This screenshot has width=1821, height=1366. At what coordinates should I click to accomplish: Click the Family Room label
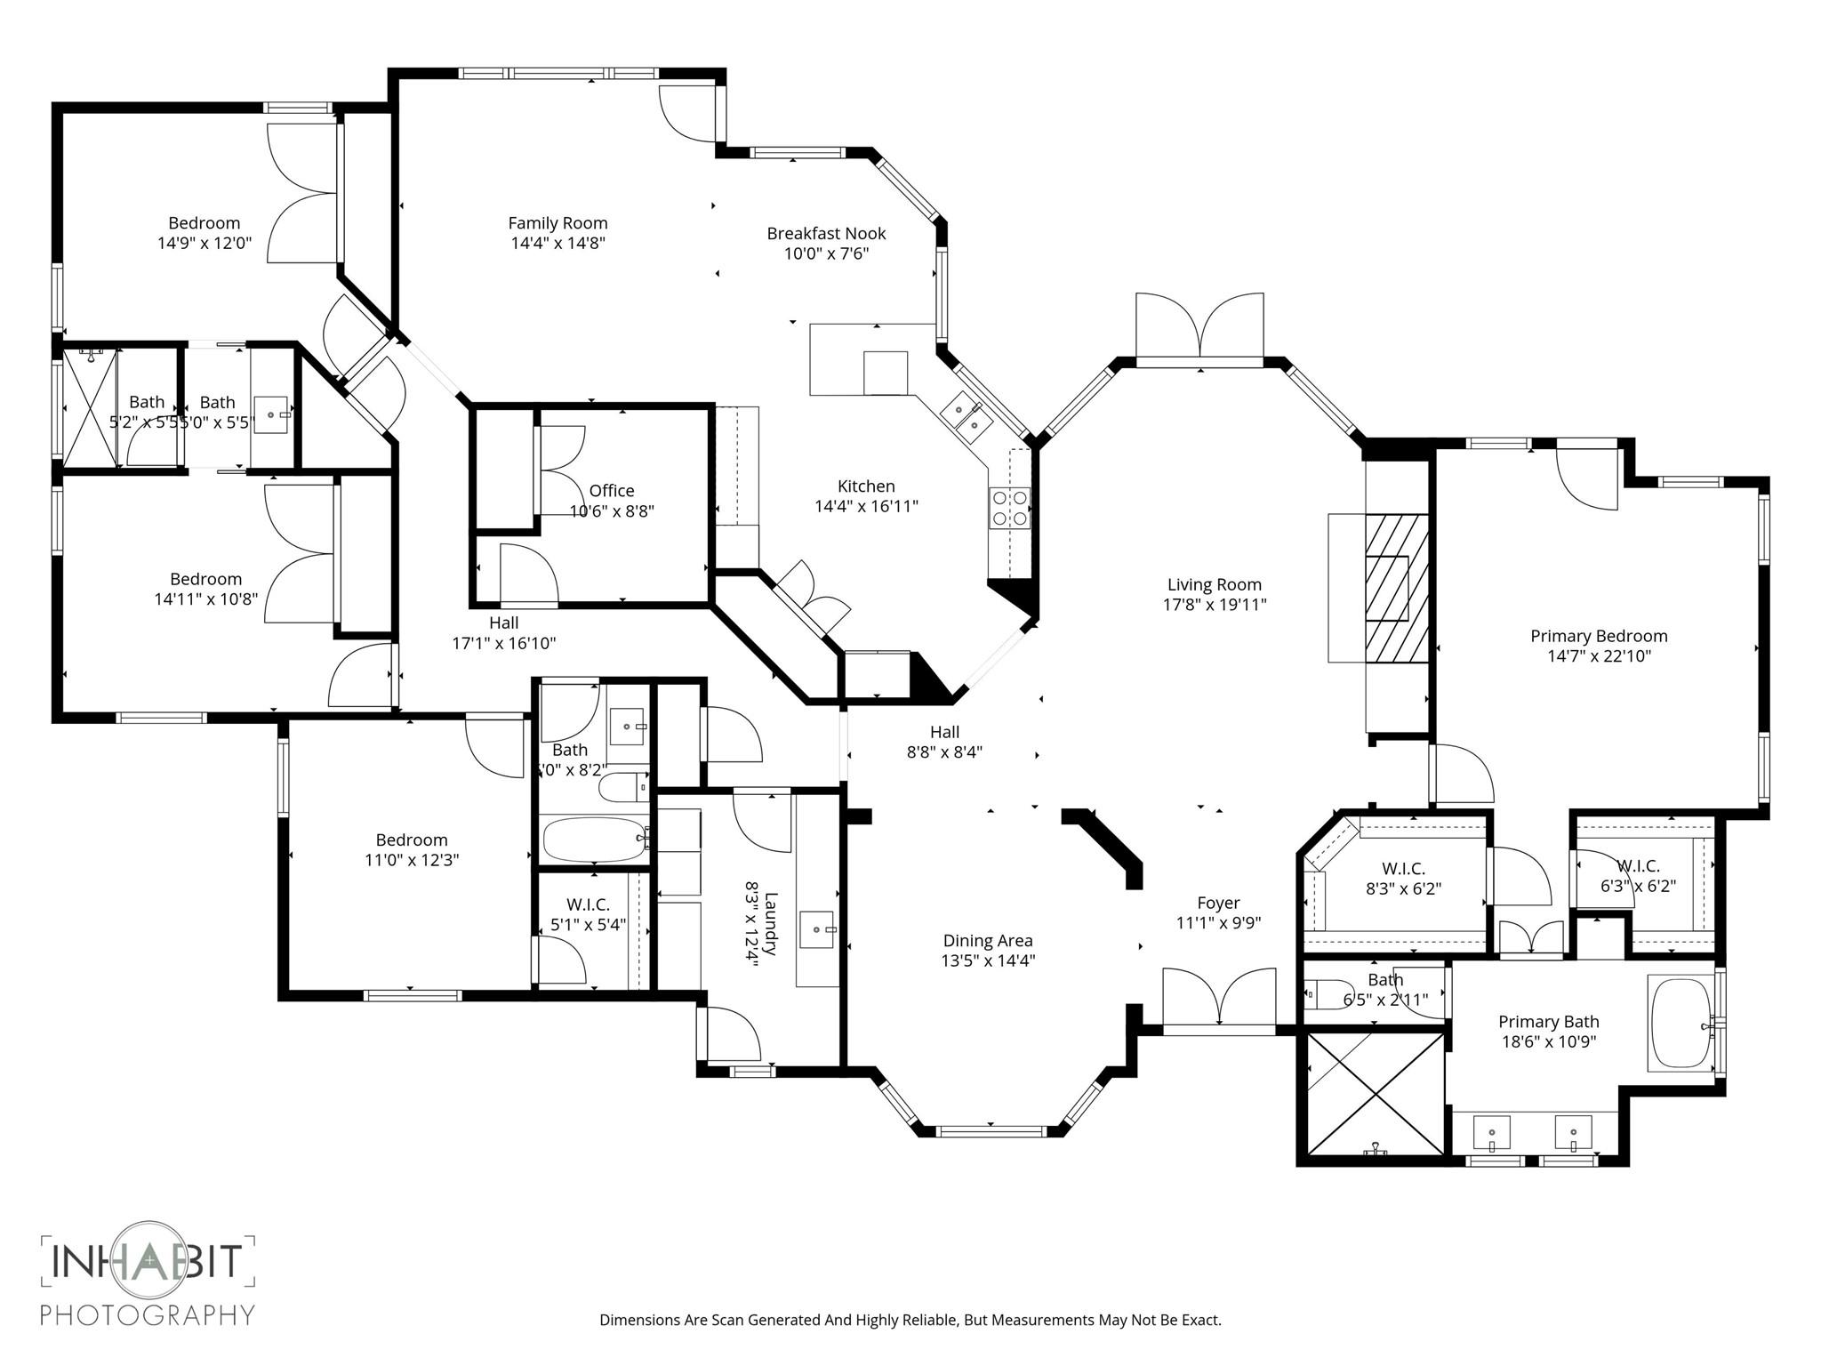pyautogui.click(x=558, y=223)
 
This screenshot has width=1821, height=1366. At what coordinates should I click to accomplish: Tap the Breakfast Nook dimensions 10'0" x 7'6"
pyautogui.click(x=826, y=253)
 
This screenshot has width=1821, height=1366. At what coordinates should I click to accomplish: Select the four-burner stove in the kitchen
pyautogui.click(x=1010, y=508)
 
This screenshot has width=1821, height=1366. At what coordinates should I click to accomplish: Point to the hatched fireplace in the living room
pyautogui.click(x=1397, y=588)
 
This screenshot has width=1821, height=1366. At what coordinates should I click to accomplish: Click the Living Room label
pyautogui.click(x=1214, y=584)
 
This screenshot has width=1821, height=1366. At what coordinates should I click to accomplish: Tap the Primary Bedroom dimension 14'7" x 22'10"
pyautogui.click(x=1598, y=656)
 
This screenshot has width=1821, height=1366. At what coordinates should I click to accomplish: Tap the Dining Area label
pyautogui.click(x=987, y=941)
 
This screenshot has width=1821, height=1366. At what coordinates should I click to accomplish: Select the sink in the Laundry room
pyautogui.click(x=817, y=929)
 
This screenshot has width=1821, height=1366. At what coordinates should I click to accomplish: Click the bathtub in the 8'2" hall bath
pyautogui.click(x=594, y=840)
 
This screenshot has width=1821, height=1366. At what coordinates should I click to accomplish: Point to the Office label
pyautogui.click(x=612, y=491)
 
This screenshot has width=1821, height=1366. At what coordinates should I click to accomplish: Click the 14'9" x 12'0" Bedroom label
pyautogui.click(x=204, y=223)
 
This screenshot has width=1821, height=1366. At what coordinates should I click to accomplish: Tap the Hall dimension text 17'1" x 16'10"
pyautogui.click(x=503, y=643)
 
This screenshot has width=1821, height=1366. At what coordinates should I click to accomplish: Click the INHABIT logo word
pyautogui.click(x=147, y=1262)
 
